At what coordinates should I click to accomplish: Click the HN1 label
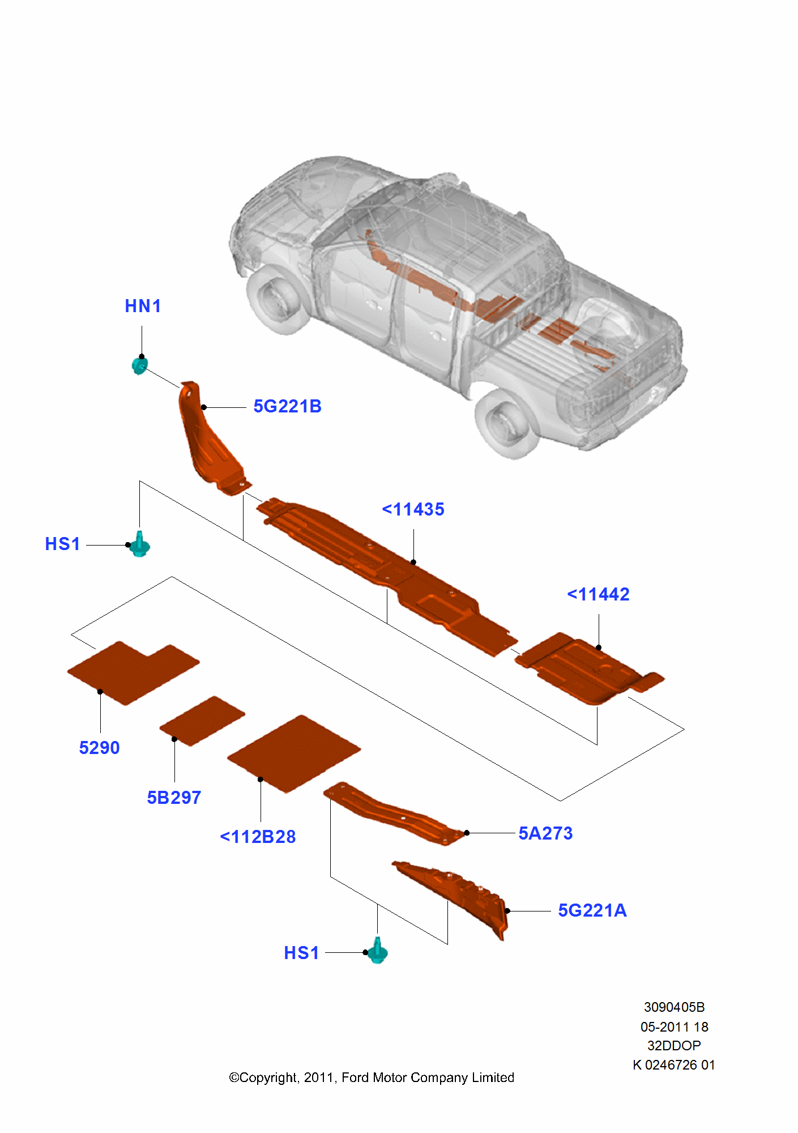point(143,306)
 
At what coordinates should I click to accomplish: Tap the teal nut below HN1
point(139,365)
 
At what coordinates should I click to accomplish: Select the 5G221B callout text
point(287,407)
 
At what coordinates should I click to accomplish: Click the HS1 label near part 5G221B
point(62,544)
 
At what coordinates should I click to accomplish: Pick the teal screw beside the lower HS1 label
point(377,952)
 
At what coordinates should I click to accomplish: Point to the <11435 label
point(413,510)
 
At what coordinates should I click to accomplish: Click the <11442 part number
point(598,595)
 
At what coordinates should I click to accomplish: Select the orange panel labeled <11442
point(583,668)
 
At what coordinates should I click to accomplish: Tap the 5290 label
point(99,748)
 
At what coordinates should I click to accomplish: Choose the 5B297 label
point(174,798)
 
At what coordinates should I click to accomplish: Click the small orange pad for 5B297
point(202,721)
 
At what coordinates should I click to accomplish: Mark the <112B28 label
point(258,837)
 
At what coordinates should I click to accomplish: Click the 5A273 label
point(545,834)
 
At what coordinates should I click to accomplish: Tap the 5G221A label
point(592,911)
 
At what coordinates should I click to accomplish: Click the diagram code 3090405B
point(674,1007)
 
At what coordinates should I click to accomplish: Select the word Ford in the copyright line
point(355,1077)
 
